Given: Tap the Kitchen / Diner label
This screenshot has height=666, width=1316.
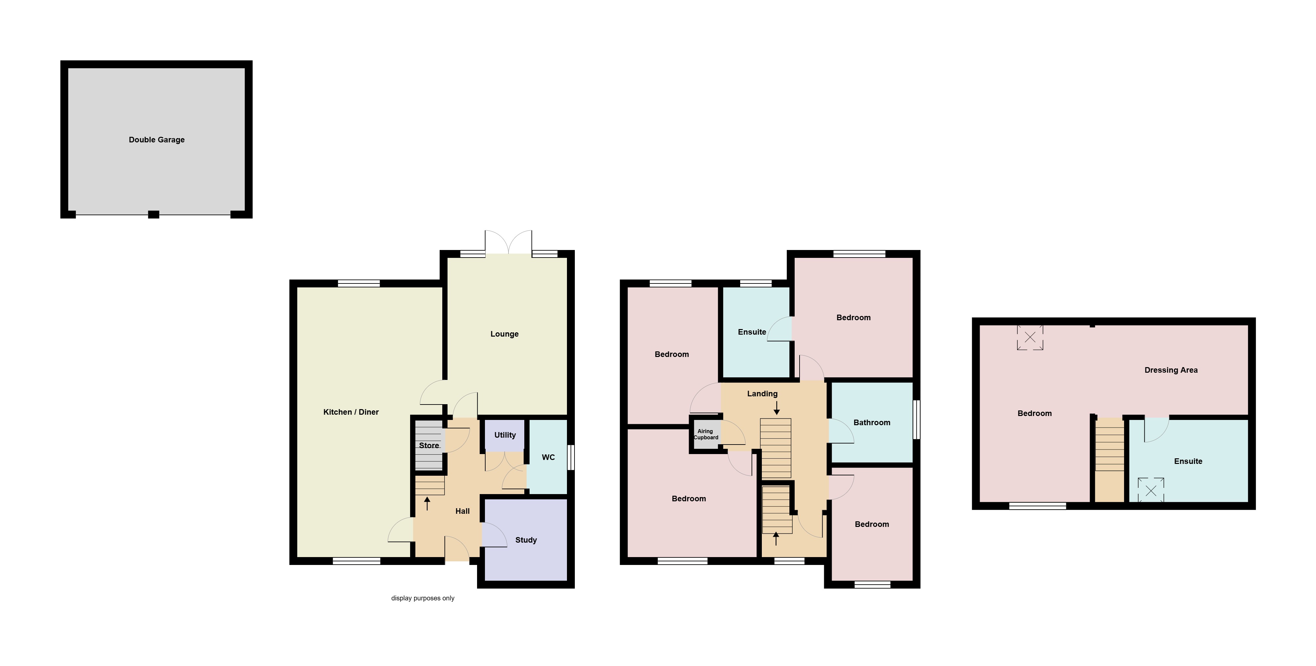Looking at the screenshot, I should coord(351,412).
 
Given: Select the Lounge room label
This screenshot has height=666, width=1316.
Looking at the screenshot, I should coord(504,334).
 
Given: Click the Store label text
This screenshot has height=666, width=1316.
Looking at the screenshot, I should coord(428,445).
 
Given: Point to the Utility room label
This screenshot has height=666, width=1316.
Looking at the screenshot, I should coord(505,435).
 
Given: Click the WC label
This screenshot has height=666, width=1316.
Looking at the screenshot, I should coord(548,457).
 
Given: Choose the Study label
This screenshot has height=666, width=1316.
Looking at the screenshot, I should coord(526,540).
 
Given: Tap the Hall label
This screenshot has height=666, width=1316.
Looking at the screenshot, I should coord(462,511).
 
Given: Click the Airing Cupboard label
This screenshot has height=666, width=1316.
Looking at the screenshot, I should coord(705,434).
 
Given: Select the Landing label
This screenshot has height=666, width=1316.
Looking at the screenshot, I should coord(762,394).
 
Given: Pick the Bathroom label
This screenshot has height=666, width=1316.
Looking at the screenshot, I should coord(871,422).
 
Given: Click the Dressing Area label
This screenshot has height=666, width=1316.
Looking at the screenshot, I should coord(1171,370).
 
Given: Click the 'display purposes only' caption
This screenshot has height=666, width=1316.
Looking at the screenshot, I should coord(423,598).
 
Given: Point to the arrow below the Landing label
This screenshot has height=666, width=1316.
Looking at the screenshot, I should coord(777,407).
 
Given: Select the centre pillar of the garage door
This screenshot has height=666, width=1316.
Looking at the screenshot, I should coord(153,215).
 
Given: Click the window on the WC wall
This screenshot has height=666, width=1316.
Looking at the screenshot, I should coord(571,457).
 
